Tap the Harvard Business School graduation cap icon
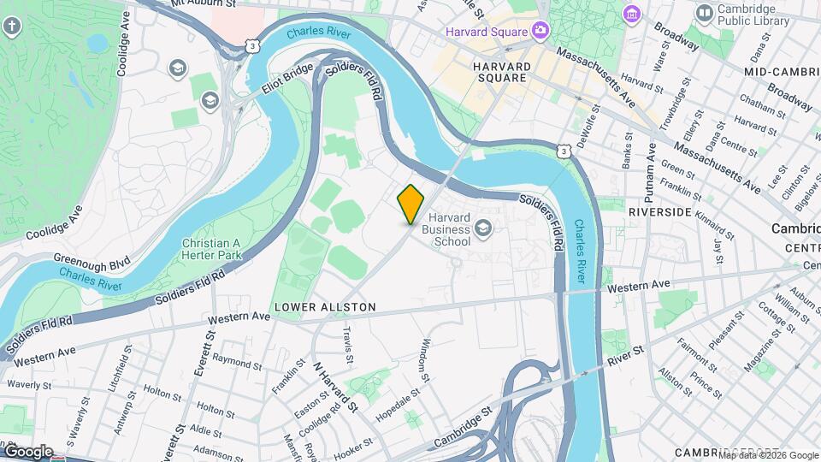coord(483,227)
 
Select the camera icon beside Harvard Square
coord(540,32)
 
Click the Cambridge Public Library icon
coord(704,13)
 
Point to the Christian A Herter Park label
coord(211,249)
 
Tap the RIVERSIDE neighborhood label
coord(659,210)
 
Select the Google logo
coord(27,451)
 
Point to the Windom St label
coord(424,358)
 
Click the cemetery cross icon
coord(12,27)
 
